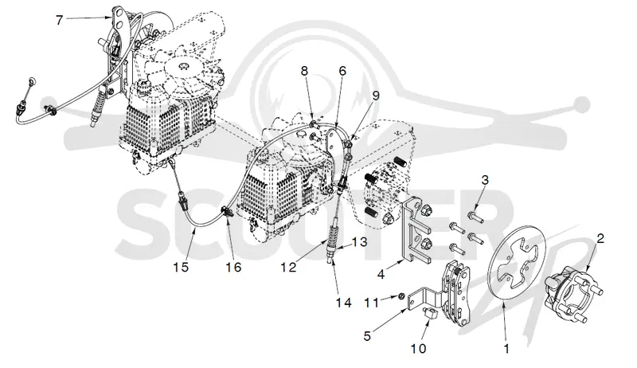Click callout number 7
(x=59, y=19)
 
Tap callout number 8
(x=304, y=71)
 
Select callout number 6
(x=342, y=71)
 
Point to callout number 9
(x=375, y=96)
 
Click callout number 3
(x=485, y=180)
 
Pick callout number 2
(x=600, y=238)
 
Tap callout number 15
(x=181, y=268)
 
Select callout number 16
(x=234, y=268)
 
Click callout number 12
(x=288, y=268)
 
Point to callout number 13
(x=359, y=242)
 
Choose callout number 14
(x=343, y=303)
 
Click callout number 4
(x=381, y=275)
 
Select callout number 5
(x=367, y=336)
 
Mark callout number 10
(x=419, y=349)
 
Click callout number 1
(x=506, y=349)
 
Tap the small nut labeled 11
(x=400, y=296)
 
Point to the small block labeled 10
(x=430, y=313)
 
